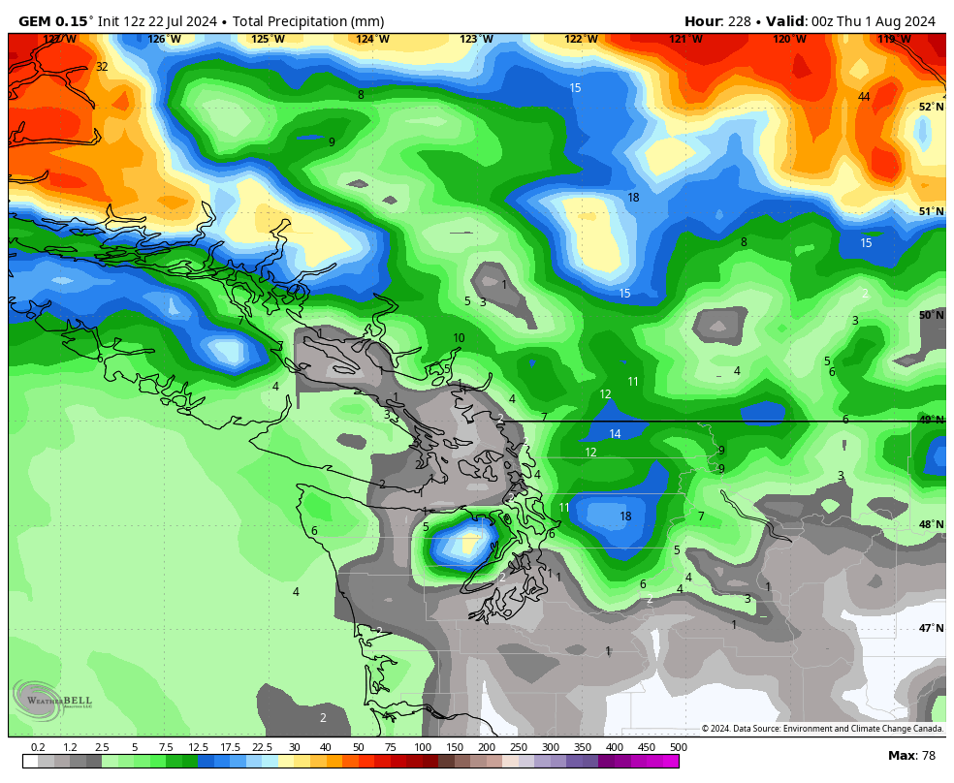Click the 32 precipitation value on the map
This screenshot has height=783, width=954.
[x=102, y=67]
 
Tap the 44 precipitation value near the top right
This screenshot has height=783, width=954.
[x=863, y=96]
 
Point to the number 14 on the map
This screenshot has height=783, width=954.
[x=615, y=434]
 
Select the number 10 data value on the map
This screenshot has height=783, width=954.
[x=459, y=338]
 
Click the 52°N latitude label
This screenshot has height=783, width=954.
[x=931, y=107]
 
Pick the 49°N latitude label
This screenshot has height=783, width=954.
[x=931, y=420]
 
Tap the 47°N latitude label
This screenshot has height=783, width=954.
[x=931, y=628]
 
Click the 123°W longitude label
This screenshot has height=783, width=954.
[x=476, y=40]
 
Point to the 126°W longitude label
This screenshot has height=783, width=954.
[x=164, y=40]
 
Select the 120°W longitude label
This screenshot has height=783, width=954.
[x=789, y=40]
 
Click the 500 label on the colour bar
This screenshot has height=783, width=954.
[x=678, y=747]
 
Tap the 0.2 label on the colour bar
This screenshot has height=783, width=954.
[x=38, y=747]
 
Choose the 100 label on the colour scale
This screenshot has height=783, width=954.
[x=422, y=747]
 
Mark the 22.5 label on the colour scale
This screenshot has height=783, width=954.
[x=262, y=747]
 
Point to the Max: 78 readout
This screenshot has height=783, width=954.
[x=911, y=756]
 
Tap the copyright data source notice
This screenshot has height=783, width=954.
[x=822, y=729]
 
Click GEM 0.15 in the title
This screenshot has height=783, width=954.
[x=53, y=21]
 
